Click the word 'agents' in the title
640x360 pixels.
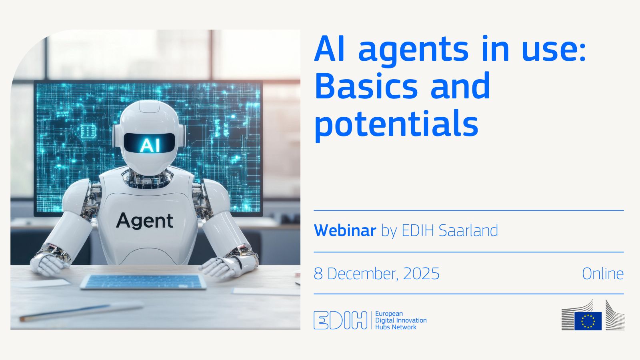(413, 50)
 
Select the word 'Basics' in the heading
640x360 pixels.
(366, 86)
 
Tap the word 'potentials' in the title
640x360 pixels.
(396, 124)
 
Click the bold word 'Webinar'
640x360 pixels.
(345, 231)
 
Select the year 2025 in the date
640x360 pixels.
(421, 274)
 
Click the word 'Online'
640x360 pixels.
(602, 274)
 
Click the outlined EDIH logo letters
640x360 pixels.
(340, 320)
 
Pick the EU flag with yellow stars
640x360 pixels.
(588, 321)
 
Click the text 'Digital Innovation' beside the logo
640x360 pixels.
(401, 320)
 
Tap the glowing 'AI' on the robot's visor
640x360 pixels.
(150, 145)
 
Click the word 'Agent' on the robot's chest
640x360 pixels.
(145, 221)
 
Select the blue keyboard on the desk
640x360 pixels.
(143, 282)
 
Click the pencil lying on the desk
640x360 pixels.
(80, 312)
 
